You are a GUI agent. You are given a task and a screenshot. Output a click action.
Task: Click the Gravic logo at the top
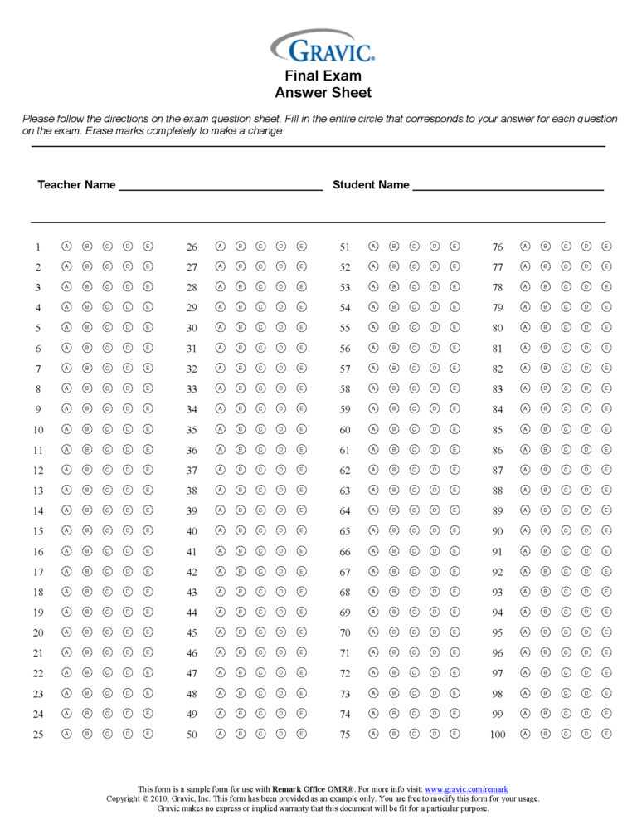pos(323,47)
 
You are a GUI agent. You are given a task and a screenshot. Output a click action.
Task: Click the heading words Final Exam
pos(323,76)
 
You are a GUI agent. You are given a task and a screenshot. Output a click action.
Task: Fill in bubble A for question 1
pos(66,247)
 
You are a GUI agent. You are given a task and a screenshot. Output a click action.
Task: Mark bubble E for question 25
pos(148,734)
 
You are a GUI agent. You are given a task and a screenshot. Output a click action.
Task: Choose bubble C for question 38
pos(260,490)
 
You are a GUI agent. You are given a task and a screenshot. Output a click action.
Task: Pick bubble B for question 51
pos(394,247)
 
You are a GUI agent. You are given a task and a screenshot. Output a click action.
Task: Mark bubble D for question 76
pos(586,247)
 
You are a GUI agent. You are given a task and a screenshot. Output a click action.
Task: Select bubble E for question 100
pos(607,734)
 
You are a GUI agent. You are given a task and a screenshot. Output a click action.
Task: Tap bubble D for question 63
pos(435,490)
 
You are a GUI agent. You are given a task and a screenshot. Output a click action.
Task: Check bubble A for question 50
pos(220,734)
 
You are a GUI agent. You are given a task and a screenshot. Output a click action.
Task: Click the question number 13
pos(38,491)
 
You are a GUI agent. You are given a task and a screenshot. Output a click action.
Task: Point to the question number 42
pos(192,572)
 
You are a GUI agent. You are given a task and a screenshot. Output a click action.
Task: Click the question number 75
pos(345,735)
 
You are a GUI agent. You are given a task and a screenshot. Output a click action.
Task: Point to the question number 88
pos(498,491)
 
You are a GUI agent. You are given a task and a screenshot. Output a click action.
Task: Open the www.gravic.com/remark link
pos(466,788)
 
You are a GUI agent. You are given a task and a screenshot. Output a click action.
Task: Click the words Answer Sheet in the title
pos(323,93)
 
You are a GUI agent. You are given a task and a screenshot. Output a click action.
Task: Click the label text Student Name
pos(371,185)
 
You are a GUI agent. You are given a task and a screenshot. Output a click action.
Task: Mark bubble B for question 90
pos(546,530)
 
